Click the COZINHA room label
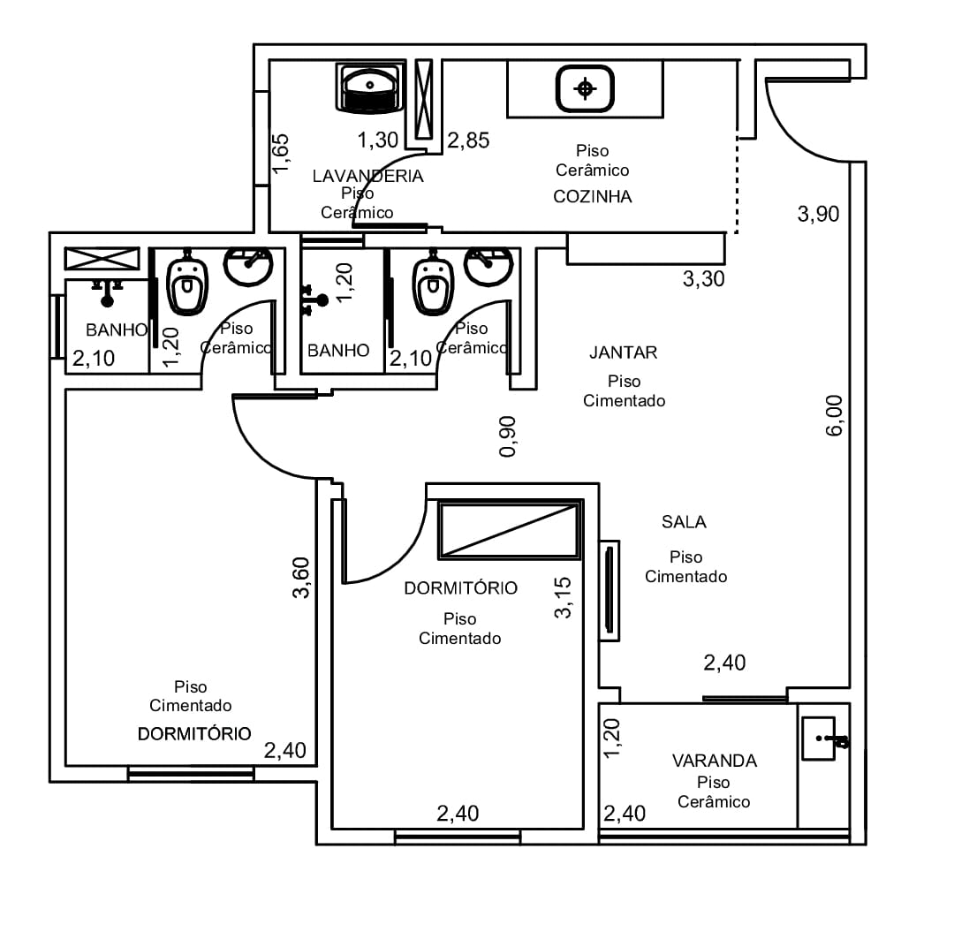(x=592, y=196)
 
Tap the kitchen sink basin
(x=585, y=89)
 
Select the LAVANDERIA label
(x=367, y=176)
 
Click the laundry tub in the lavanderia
(x=370, y=88)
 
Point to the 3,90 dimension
(x=818, y=214)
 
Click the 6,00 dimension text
(x=834, y=415)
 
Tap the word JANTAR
(x=623, y=352)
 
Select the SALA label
(x=684, y=522)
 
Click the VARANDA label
(x=715, y=761)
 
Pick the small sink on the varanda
(x=819, y=739)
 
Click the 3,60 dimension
(x=300, y=578)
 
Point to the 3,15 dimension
(x=563, y=598)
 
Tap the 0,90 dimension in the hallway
(x=507, y=436)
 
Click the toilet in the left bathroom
(x=186, y=283)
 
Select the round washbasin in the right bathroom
(x=488, y=266)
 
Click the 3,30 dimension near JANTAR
(x=704, y=279)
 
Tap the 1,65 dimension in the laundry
(x=281, y=154)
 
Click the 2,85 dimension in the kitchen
(x=468, y=140)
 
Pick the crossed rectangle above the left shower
(x=102, y=259)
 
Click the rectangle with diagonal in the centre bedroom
(x=510, y=529)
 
